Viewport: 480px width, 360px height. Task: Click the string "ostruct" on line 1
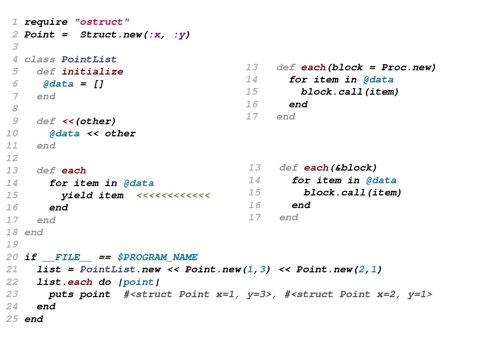[102, 22]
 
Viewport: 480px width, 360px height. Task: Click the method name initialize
[92, 72]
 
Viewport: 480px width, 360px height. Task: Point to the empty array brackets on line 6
[98, 84]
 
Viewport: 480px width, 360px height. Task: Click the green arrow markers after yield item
[173, 195]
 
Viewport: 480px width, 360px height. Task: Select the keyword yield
[77, 195]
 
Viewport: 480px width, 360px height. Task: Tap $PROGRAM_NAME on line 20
[157, 257]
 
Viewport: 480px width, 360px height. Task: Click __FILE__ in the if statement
[67, 257]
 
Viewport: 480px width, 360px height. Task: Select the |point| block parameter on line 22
[138, 282]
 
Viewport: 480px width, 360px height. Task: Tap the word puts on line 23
[61, 294]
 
